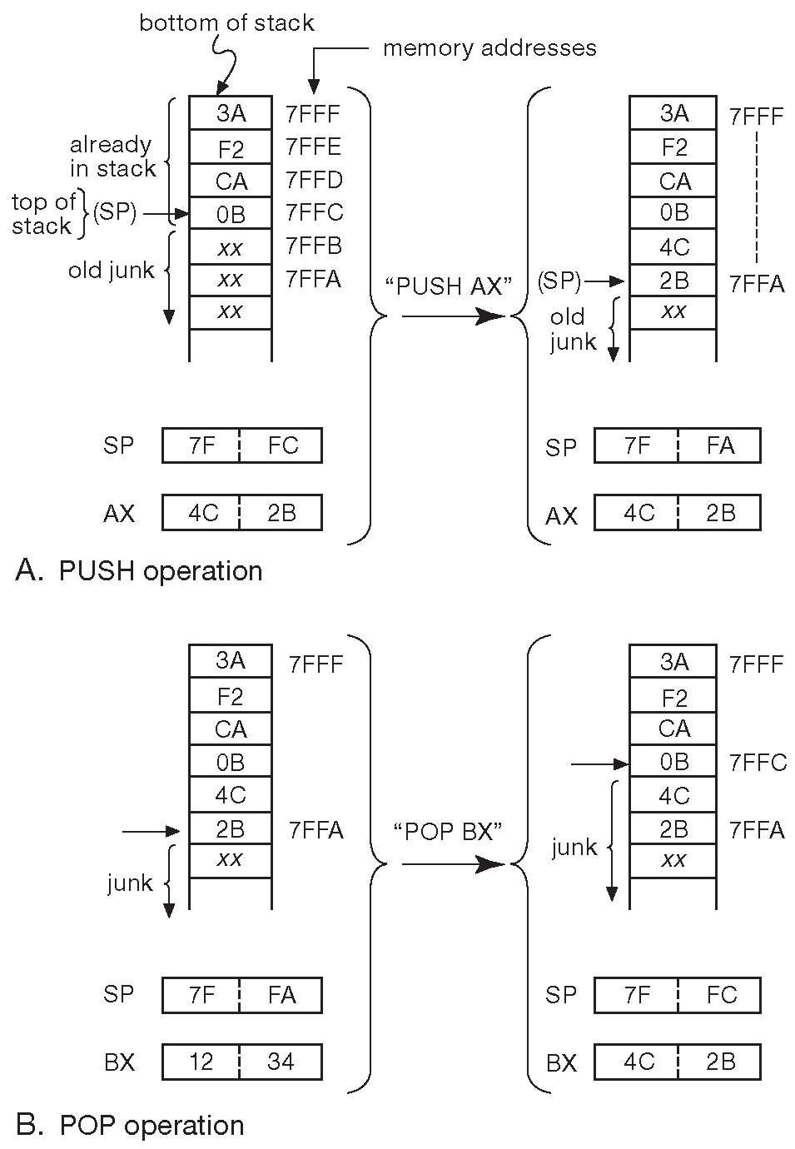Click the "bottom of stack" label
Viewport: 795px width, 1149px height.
point(226,22)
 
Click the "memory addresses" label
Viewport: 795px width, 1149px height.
point(489,48)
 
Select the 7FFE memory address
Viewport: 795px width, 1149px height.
point(313,147)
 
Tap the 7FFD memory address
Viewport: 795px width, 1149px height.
point(314,181)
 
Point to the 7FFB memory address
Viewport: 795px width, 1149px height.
point(314,246)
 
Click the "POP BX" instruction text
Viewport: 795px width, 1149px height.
point(447,832)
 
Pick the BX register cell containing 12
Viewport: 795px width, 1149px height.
point(201,1062)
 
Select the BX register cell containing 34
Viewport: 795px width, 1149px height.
point(281,1062)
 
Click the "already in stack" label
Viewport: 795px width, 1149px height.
point(112,157)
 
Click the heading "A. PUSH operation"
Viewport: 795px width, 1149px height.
point(139,571)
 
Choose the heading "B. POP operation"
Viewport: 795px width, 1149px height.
point(130,1126)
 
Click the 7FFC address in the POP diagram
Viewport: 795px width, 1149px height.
point(758,763)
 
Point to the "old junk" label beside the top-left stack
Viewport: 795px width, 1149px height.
point(112,270)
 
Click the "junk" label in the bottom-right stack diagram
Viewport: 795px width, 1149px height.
point(574,848)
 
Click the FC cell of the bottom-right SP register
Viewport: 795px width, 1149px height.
point(721,995)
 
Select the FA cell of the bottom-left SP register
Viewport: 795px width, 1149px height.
point(281,995)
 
